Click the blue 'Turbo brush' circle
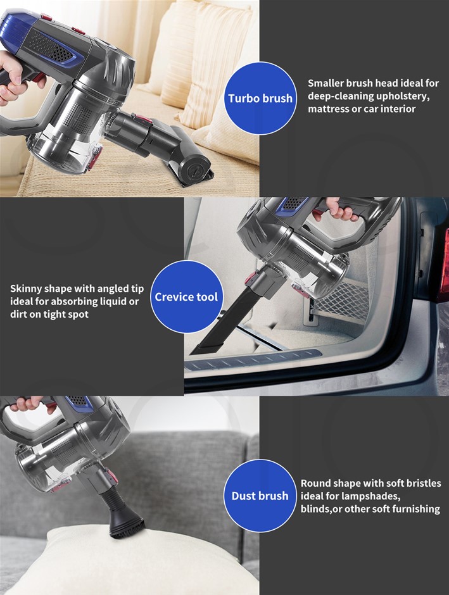click(x=260, y=98)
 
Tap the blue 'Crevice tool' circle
click(x=186, y=297)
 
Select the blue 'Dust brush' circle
click(x=260, y=496)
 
